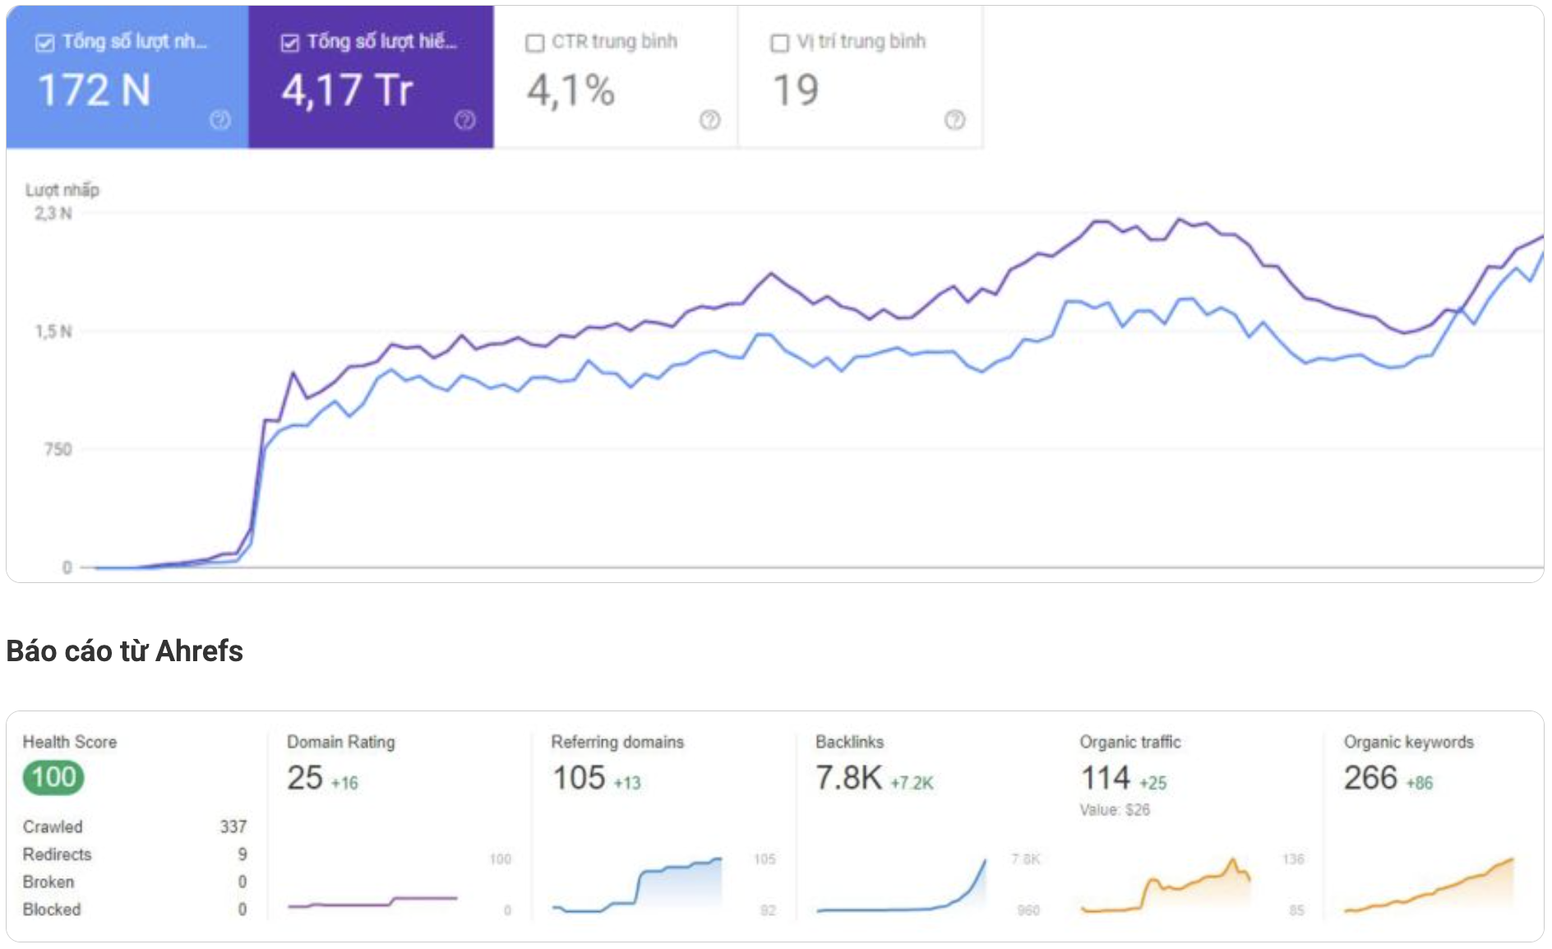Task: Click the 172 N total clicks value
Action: (x=95, y=90)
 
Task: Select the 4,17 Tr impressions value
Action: (x=347, y=90)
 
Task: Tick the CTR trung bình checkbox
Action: (x=535, y=43)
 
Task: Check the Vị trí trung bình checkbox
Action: (x=779, y=43)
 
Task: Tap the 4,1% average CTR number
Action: (x=570, y=90)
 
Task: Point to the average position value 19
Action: (x=796, y=90)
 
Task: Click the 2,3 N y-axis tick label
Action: (x=53, y=214)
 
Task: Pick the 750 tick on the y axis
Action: (x=58, y=450)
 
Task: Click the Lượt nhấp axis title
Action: (x=62, y=190)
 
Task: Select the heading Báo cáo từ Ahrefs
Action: (x=124, y=651)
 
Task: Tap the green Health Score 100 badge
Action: (x=53, y=777)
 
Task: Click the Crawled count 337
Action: (x=233, y=826)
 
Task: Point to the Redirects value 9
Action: (x=242, y=854)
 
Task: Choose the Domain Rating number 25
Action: (x=305, y=778)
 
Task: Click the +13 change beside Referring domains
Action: (x=627, y=783)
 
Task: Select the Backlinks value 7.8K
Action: (x=848, y=778)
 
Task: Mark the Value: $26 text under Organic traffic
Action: (x=1115, y=810)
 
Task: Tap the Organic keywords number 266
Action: (x=1370, y=778)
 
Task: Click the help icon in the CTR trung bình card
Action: (x=709, y=120)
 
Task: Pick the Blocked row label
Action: (x=52, y=910)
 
